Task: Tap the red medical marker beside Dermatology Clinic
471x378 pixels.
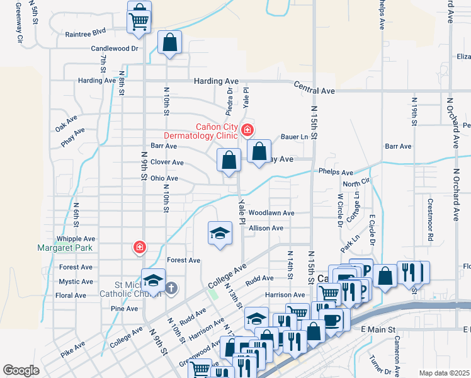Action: (247, 130)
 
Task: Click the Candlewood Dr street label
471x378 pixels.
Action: (115, 48)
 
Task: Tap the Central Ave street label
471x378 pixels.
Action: (314, 91)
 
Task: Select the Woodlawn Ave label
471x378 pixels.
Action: (271, 213)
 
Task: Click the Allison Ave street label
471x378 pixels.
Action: (266, 228)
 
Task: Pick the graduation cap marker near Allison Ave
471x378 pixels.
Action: (220, 233)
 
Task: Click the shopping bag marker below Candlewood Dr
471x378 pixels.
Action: (170, 43)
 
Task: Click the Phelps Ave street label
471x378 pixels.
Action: (336, 171)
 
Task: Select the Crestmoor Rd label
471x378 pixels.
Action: (431, 220)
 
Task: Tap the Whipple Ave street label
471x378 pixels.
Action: (76, 239)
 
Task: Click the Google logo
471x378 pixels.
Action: (21, 370)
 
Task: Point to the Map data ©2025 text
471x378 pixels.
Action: (444, 373)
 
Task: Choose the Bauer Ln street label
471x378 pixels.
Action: (295, 136)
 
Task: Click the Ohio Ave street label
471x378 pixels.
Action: (164, 178)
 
